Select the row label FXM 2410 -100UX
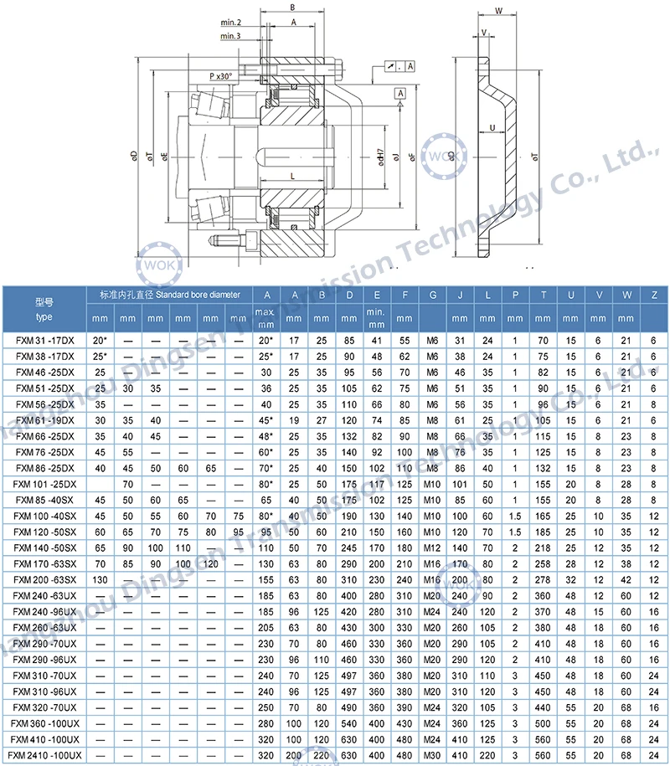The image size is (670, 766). coord(47,757)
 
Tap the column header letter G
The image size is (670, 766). coord(432,296)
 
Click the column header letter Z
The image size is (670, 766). coord(653,296)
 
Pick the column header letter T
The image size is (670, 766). coord(544,296)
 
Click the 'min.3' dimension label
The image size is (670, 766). coord(231,36)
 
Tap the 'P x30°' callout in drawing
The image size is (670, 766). coord(220,76)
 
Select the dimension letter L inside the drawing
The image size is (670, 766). coord(291,176)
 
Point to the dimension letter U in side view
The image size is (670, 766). coord(492,127)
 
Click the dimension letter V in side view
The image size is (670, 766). coord(483,33)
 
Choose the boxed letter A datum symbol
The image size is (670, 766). coord(400,92)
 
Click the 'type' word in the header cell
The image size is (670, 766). coord(44,316)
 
